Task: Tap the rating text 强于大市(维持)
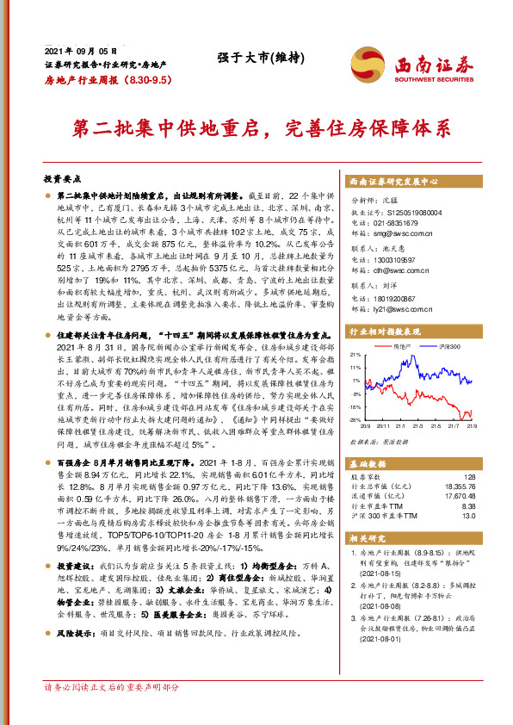click(x=254, y=59)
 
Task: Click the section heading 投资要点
click(x=62, y=179)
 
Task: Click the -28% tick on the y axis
click(x=355, y=419)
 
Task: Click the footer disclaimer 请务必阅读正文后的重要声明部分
click(x=111, y=710)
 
